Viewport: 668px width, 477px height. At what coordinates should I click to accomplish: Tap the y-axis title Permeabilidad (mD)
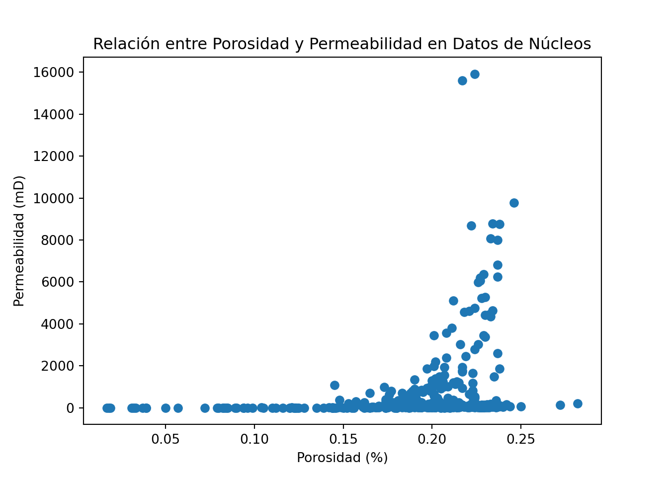click(x=19, y=240)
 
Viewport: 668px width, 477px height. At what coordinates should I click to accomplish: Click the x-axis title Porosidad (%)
click(x=342, y=458)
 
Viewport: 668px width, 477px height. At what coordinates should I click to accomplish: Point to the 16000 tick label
click(x=54, y=73)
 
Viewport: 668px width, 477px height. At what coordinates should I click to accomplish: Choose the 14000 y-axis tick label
click(x=54, y=114)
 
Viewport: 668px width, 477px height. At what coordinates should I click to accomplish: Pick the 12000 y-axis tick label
click(x=54, y=157)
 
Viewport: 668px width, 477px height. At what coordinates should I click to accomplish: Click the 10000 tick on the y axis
click(x=54, y=198)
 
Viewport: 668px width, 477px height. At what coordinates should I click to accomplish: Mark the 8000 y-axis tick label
click(x=57, y=240)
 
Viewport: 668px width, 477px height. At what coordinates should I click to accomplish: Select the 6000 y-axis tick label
click(x=57, y=282)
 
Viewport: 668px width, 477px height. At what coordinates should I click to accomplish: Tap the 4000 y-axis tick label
click(x=57, y=324)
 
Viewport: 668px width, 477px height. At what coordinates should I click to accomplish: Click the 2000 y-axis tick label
click(x=57, y=366)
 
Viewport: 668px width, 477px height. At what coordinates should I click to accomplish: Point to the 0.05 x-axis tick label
click(x=166, y=439)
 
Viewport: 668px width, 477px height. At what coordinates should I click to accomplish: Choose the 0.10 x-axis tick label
click(x=254, y=439)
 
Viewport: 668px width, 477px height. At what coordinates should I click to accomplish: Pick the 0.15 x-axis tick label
click(x=343, y=439)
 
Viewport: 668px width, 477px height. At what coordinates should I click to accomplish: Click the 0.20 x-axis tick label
click(x=432, y=439)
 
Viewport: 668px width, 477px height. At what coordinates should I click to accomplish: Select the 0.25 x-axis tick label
click(x=520, y=439)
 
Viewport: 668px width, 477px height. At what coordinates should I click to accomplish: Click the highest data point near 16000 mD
click(x=475, y=74)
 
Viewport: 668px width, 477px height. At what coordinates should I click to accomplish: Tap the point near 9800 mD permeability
click(x=514, y=203)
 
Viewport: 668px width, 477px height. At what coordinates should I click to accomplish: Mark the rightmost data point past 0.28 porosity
click(x=578, y=403)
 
